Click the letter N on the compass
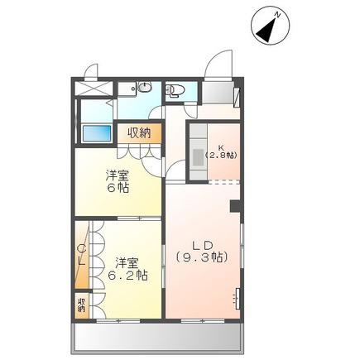278,16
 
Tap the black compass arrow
266,30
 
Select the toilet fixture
174,90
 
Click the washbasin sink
144,87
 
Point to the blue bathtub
97,133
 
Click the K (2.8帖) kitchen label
221,152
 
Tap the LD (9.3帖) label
202,251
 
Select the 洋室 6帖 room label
118,181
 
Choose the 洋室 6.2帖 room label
127,269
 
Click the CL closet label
82,255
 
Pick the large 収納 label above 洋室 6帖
139,133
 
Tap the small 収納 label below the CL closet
81,305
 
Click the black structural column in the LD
236,206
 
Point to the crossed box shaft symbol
94,89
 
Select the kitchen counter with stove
199,152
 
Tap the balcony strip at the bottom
158,337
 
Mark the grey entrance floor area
218,93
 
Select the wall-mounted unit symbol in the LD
237,299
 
